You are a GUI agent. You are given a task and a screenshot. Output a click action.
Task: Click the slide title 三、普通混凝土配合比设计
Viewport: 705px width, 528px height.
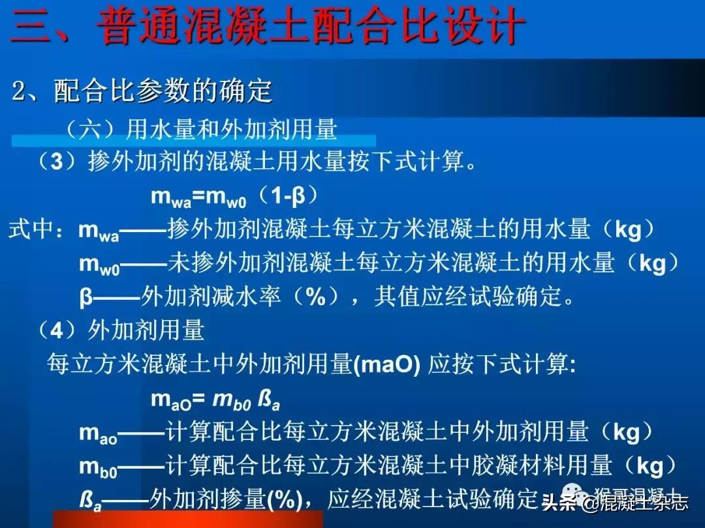coord(268,27)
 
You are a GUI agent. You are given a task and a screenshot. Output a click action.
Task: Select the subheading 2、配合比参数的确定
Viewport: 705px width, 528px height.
coord(142,93)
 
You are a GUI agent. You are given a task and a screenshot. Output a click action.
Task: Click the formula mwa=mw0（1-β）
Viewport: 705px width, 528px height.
coord(234,198)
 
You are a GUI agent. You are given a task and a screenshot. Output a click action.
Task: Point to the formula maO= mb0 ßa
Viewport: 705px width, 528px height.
coord(215,399)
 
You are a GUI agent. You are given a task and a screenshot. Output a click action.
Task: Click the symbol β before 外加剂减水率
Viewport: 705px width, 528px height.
coord(86,298)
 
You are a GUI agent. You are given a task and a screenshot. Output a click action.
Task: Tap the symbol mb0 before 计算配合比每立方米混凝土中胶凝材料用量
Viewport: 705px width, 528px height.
coord(98,467)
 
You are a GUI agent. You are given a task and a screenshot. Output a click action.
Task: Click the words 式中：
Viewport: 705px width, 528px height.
coord(40,230)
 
